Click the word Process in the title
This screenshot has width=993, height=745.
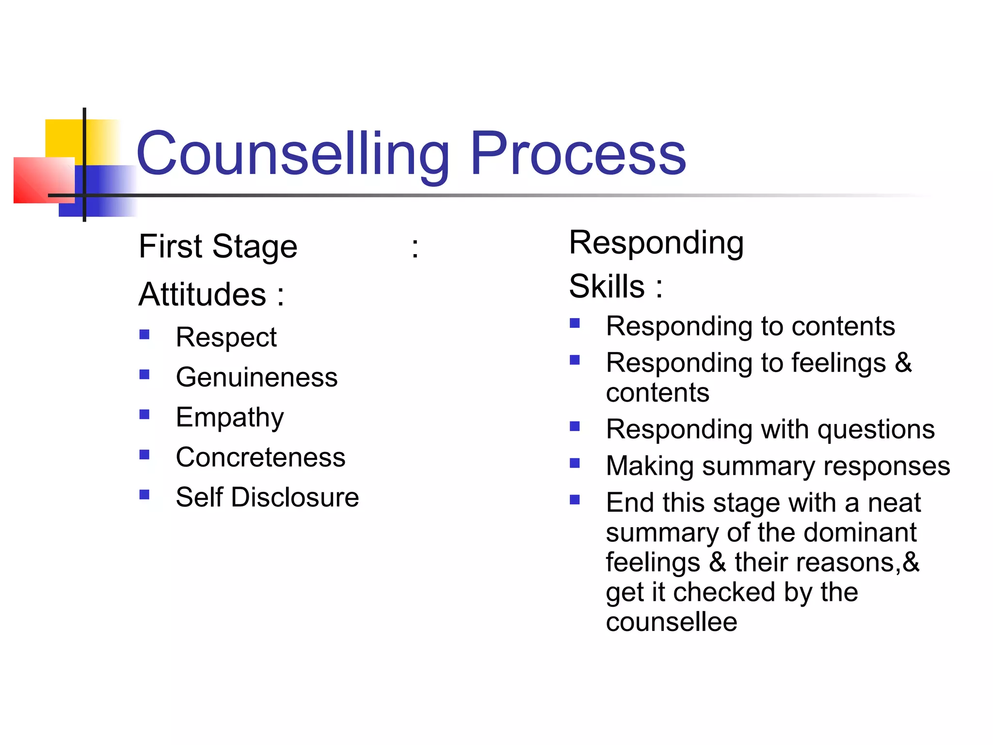pos(578,154)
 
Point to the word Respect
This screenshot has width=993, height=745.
pos(226,338)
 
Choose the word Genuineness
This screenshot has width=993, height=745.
pos(256,377)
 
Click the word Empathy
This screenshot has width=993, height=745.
pos(230,418)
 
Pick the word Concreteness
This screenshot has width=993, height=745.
pos(260,457)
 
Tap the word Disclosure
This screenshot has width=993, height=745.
pos(295,497)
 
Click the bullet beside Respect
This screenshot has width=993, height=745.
pos(144,335)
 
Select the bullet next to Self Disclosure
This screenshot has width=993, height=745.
pos(144,495)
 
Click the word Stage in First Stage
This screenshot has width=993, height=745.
pos(255,247)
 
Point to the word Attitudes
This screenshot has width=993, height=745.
pos(202,294)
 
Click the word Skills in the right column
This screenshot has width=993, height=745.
pos(607,286)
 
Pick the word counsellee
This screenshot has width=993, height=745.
pos(672,622)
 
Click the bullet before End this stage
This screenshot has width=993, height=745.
pos(575,500)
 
